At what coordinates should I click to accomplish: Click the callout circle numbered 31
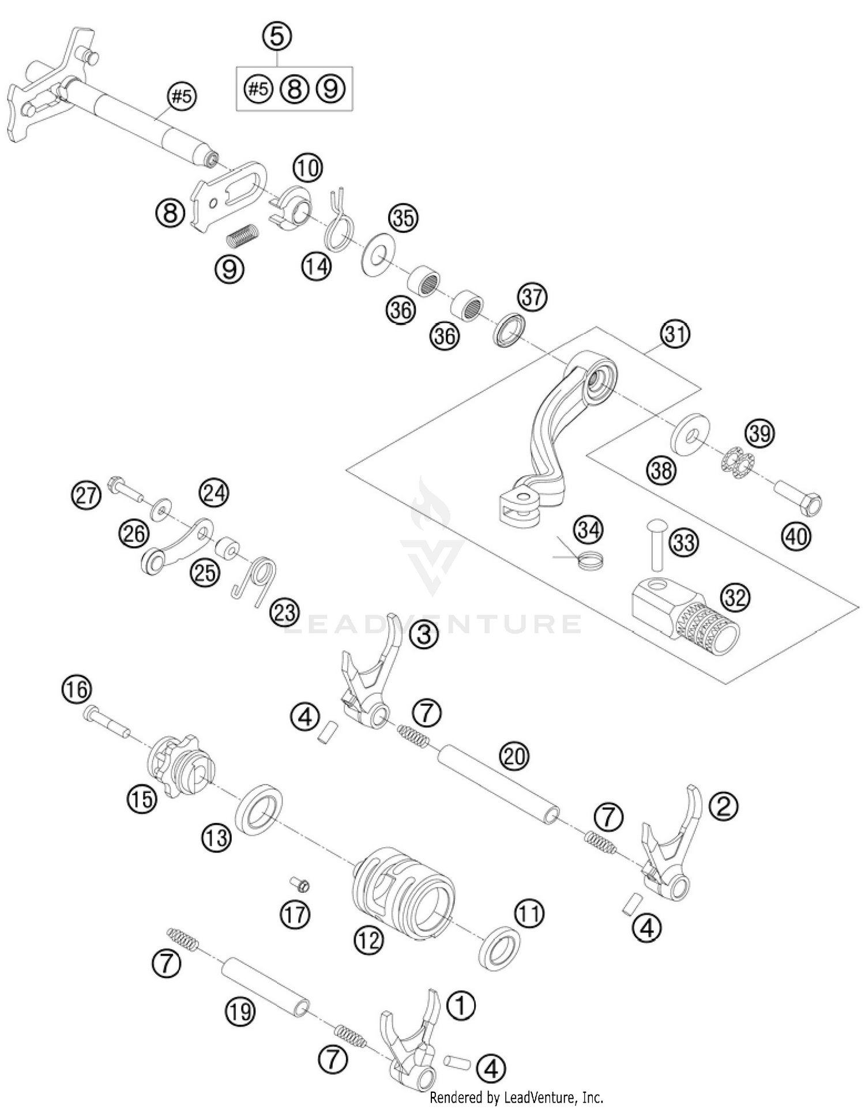tap(675, 334)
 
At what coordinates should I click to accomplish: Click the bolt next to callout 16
tap(107, 720)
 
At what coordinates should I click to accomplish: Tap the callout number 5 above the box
tap(277, 36)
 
